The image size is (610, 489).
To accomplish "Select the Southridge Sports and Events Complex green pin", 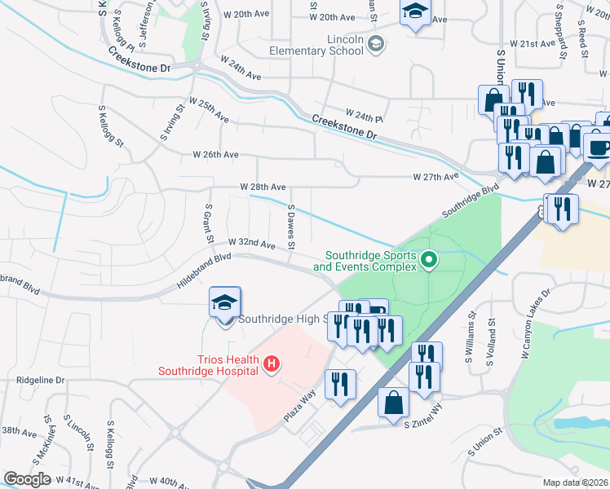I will pyautogui.click(x=429, y=262).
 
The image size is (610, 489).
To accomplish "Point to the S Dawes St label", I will pyautogui.click(x=291, y=227).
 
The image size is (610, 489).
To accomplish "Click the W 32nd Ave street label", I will pyautogui.click(x=251, y=243).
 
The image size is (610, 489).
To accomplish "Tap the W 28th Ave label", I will pyautogui.click(x=263, y=187).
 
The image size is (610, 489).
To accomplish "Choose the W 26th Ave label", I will pyautogui.click(x=215, y=154).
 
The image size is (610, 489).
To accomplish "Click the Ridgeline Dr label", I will pyautogui.click(x=39, y=381).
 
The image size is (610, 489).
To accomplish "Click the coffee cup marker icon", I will pyautogui.click(x=599, y=148).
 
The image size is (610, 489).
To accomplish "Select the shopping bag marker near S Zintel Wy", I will pyautogui.click(x=394, y=403).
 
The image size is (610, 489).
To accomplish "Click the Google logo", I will pyautogui.click(x=27, y=479).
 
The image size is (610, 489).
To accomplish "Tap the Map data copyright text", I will pyautogui.click(x=577, y=482).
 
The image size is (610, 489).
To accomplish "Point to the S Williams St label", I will pyautogui.click(x=471, y=335).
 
